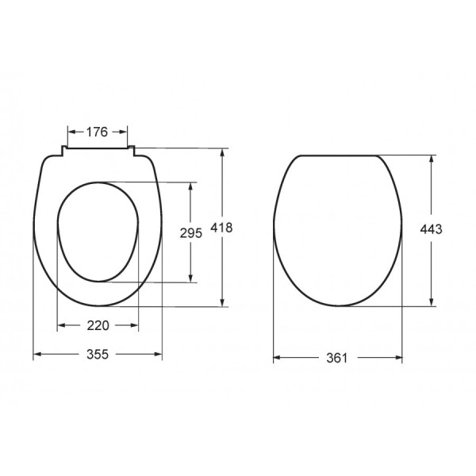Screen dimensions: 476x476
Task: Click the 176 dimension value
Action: (x=96, y=132)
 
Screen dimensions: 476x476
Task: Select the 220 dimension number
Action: (x=97, y=325)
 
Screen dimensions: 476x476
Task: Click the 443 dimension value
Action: (x=431, y=228)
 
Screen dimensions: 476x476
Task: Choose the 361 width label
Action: (x=337, y=359)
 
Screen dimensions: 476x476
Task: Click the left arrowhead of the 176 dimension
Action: (x=71, y=132)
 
